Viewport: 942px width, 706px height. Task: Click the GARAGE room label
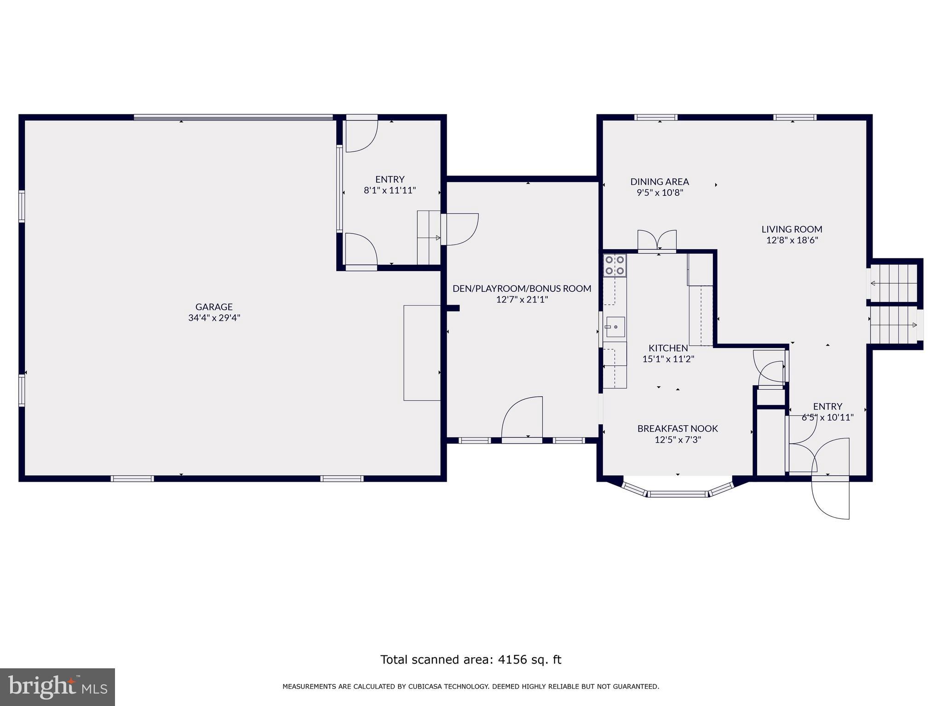(x=214, y=307)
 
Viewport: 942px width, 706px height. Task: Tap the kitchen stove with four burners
(x=615, y=265)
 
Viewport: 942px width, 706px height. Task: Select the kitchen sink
(x=615, y=327)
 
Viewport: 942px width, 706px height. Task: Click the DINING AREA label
(x=660, y=182)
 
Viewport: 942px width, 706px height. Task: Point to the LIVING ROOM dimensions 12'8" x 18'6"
(x=792, y=240)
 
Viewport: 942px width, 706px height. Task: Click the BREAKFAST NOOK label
(x=678, y=428)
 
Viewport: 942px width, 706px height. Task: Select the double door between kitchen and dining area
(x=657, y=240)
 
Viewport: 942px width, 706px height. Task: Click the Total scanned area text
(x=471, y=660)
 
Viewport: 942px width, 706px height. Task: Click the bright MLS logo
(x=57, y=687)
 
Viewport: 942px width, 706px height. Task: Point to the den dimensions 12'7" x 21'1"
(x=522, y=300)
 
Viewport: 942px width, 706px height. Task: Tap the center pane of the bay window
(x=678, y=494)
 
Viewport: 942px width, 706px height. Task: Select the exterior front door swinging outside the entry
(x=830, y=499)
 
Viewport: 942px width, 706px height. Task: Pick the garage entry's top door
(x=362, y=136)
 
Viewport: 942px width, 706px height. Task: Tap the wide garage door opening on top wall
(x=233, y=118)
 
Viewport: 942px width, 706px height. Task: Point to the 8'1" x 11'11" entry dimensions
(x=390, y=190)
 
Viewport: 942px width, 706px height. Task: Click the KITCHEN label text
(x=668, y=348)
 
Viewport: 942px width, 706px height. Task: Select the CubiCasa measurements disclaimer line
(x=471, y=687)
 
